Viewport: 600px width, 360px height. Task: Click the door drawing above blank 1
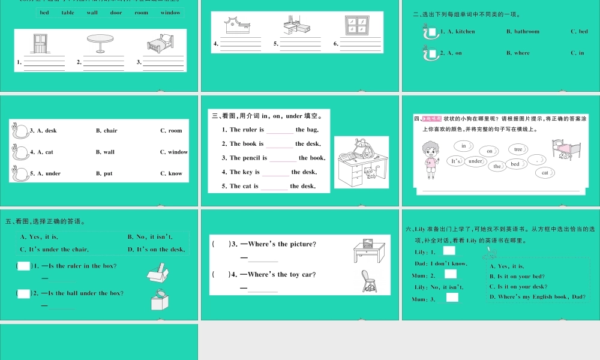tap(40, 44)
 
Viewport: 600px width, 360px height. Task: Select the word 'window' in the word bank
tap(170, 13)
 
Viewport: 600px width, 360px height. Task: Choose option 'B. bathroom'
tap(523, 31)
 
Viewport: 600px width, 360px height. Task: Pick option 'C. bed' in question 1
tap(579, 31)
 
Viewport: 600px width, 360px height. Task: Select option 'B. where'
tap(518, 53)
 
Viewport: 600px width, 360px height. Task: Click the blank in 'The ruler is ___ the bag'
tap(280, 130)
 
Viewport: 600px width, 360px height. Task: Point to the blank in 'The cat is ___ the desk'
tap(274, 187)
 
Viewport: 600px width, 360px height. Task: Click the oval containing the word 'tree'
tap(518, 149)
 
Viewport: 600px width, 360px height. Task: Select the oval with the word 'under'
tap(475, 161)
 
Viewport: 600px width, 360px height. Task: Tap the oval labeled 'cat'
tap(545, 173)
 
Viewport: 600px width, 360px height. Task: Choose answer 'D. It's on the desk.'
tap(156, 249)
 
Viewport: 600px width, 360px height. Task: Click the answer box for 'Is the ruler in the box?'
tap(23, 266)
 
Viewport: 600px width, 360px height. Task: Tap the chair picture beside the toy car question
tap(368, 281)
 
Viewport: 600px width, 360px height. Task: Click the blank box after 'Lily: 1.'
tap(449, 251)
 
